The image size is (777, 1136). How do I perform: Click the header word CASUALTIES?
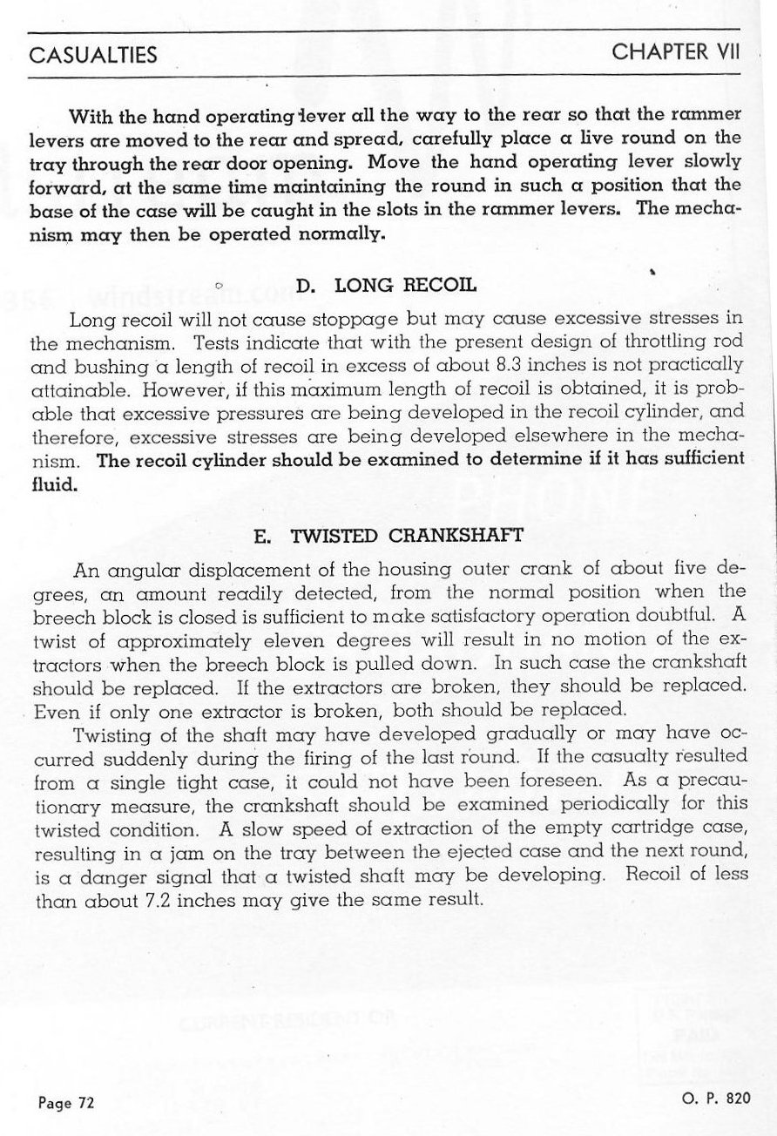click(93, 55)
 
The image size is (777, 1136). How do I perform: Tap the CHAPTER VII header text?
click(676, 51)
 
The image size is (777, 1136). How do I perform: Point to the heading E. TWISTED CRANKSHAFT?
click(388, 537)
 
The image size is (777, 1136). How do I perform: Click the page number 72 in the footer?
click(84, 1103)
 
